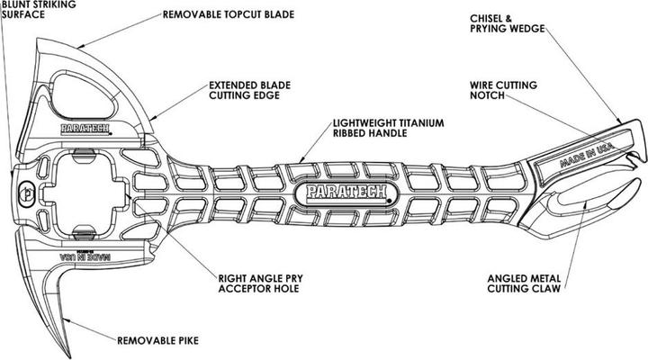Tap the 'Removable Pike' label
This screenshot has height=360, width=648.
point(157,340)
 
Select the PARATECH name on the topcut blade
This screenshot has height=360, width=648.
point(85,129)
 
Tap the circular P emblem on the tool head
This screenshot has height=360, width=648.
point(25,191)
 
